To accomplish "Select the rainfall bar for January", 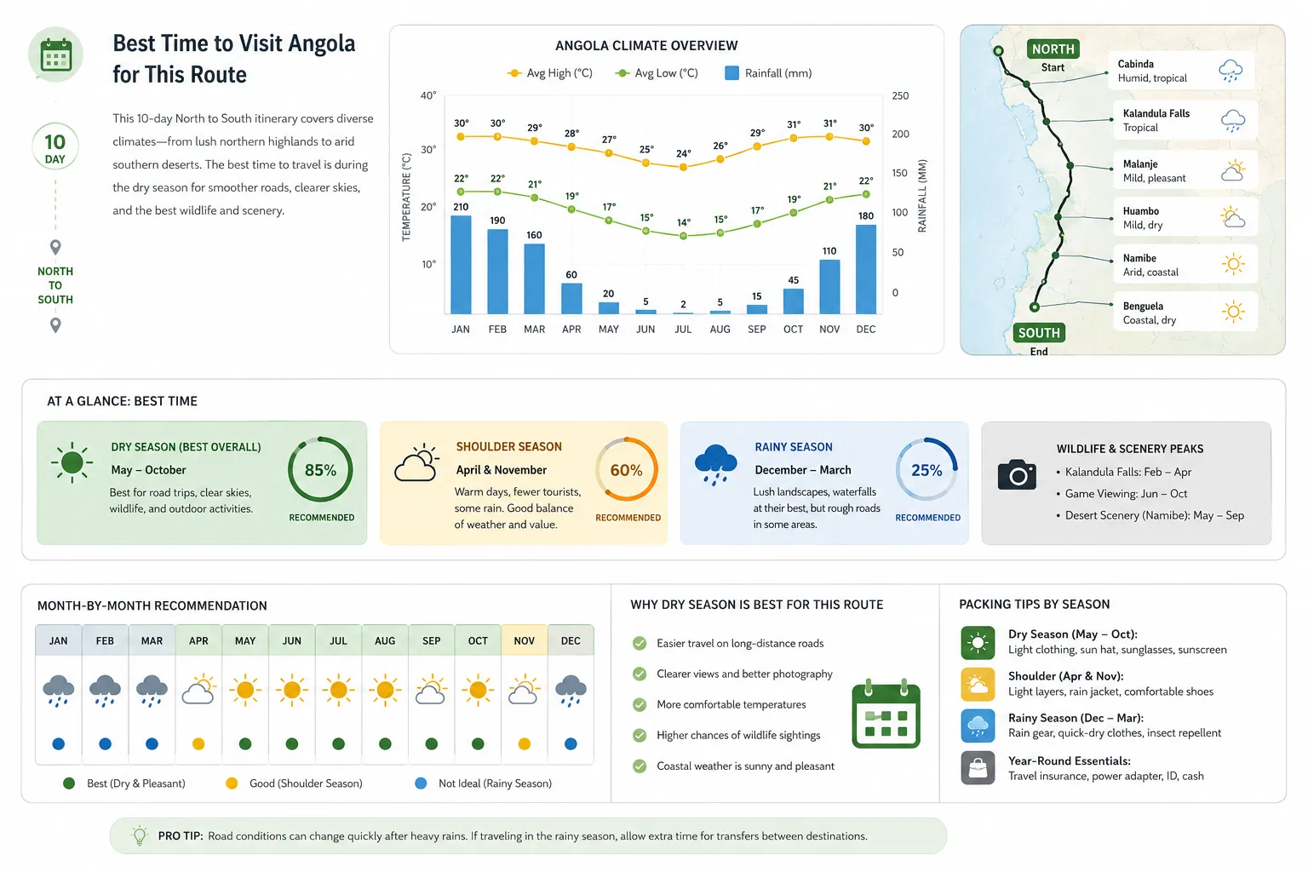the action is pyautogui.click(x=461, y=265).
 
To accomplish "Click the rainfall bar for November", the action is pyautogui.click(x=829, y=287).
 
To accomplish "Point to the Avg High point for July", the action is pyautogui.click(x=683, y=167).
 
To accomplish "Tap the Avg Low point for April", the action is pyautogui.click(x=571, y=209).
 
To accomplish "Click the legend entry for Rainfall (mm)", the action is pyautogui.click(x=768, y=73).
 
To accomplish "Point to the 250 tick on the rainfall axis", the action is pyautogui.click(x=900, y=95).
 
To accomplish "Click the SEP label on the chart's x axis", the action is pyautogui.click(x=757, y=330).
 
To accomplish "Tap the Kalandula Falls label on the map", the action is pyautogui.click(x=1156, y=113).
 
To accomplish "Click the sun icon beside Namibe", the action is pyautogui.click(x=1233, y=264).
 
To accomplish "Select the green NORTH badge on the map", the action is pyautogui.click(x=1053, y=49).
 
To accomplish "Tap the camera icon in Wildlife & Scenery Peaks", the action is pyautogui.click(x=1017, y=474).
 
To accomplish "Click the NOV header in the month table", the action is pyautogui.click(x=525, y=640).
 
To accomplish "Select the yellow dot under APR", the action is pyautogui.click(x=198, y=744).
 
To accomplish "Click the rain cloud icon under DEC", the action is pyautogui.click(x=571, y=691).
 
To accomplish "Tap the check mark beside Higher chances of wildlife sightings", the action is pyautogui.click(x=640, y=736).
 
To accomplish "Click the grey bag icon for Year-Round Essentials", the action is pyautogui.click(x=978, y=767).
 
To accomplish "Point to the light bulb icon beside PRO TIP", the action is pyautogui.click(x=139, y=835).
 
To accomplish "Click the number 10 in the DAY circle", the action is pyautogui.click(x=54, y=142).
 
